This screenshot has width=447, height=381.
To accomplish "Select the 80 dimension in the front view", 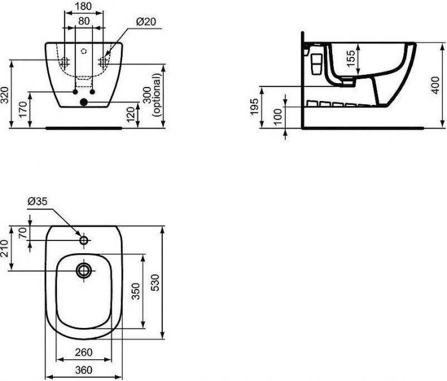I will [84, 20].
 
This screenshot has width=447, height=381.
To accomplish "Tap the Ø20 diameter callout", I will [146, 21].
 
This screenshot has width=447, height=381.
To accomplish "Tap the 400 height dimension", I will [436, 82].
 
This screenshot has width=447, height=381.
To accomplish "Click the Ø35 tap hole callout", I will [37, 202].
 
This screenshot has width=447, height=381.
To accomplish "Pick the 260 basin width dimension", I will [84, 352].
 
